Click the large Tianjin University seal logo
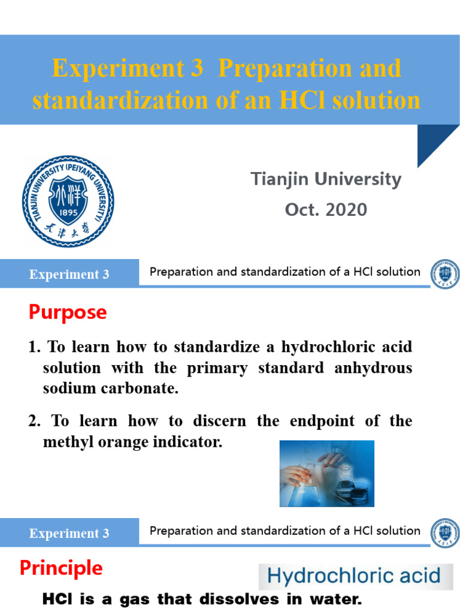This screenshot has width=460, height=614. pyautogui.click(x=68, y=201)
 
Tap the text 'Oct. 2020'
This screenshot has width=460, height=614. pyautogui.click(x=326, y=210)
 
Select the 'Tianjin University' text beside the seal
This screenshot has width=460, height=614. pyautogui.click(x=326, y=179)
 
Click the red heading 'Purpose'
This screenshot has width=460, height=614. pyautogui.click(x=68, y=312)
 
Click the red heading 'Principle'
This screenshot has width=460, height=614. pyautogui.click(x=61, y=568)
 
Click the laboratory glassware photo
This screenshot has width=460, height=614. pyautogui.click(x=326, y=473)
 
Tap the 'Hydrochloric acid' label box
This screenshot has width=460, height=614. pyautogui.click(x=353, y=577)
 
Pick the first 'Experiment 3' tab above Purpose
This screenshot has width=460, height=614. pyautogui.click(x=69, y=275)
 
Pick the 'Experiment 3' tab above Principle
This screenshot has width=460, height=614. pyautogui.click(x=69, y=534)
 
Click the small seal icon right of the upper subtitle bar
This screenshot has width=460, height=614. pyautogui.click(x=444, y=273)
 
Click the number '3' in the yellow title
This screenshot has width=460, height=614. pyautogui.click(x=197, y=69)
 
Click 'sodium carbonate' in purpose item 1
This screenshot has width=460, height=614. pyautogui.click(x=111, y=388)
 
